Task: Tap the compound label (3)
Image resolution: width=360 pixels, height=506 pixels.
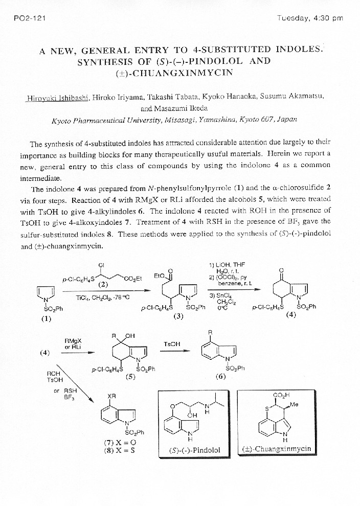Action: point(178,316)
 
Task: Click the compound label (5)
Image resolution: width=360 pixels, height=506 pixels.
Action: point(131,376)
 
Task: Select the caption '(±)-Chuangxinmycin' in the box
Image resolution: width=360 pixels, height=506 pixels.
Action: point(277,449)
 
